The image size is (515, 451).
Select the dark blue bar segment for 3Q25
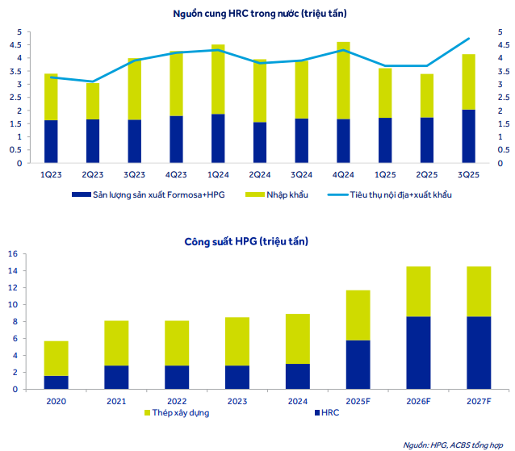coord(468,136)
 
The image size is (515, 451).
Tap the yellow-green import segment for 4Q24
coord(342,80)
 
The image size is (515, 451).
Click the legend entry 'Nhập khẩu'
coord(287,195)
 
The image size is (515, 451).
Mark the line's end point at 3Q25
coord(468,39)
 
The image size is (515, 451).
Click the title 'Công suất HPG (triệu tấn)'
coord(257,241)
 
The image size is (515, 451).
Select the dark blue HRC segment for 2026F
coord(418,353)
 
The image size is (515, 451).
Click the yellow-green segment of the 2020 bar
coord(56,358)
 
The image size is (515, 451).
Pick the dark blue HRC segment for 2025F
coord(358,365)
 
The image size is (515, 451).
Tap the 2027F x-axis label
coord(478,400)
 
